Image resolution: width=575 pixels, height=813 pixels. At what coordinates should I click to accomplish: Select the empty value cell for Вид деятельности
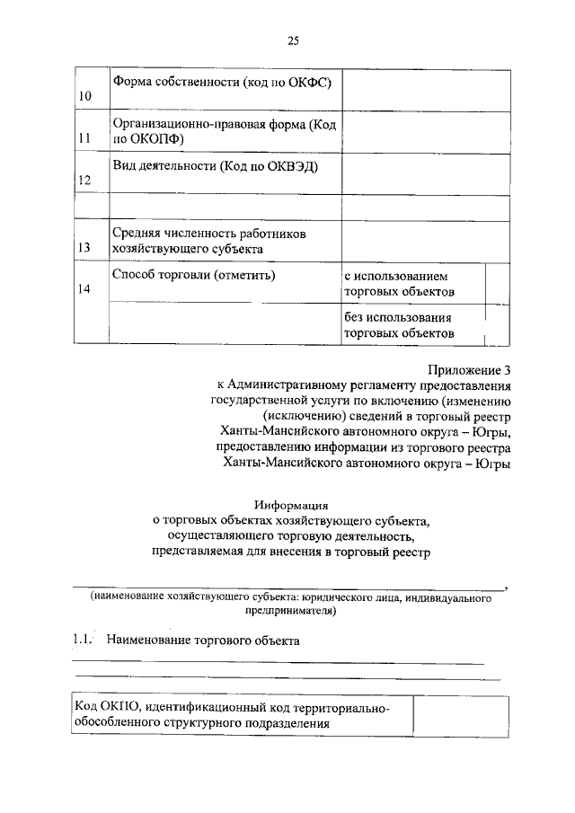pyautogui.click(x=426, y=172)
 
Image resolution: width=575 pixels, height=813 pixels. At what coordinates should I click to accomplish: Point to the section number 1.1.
pyautogui.click(x=82, y=641)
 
